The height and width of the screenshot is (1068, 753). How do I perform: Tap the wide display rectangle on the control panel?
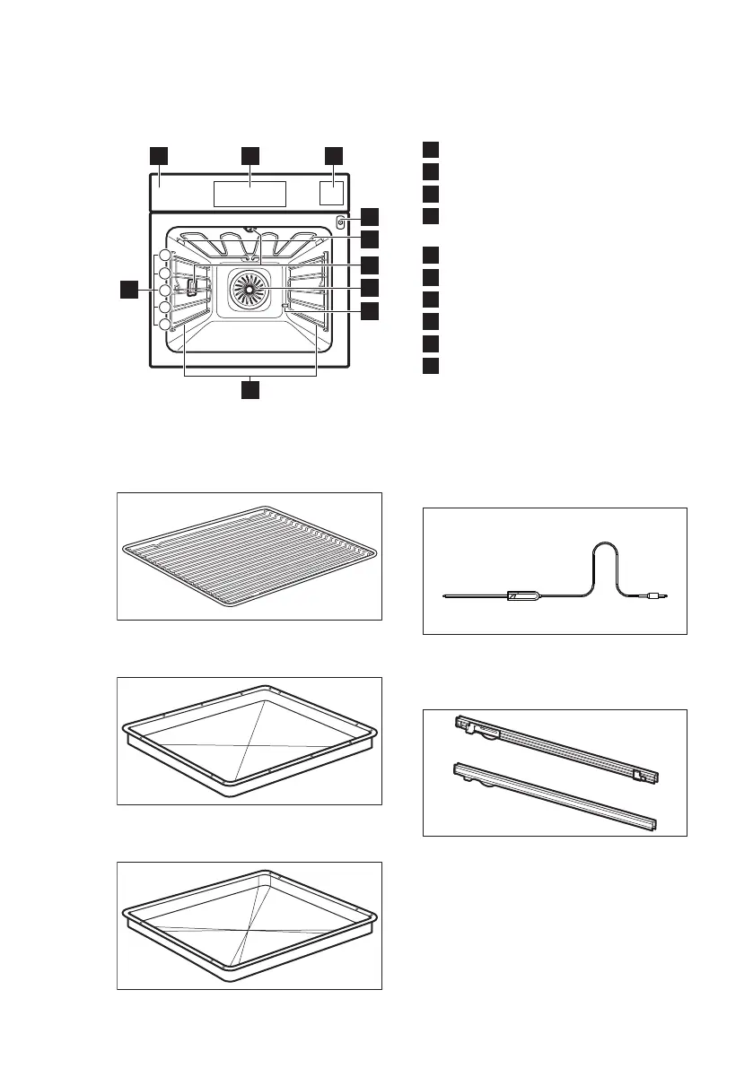point(250,193)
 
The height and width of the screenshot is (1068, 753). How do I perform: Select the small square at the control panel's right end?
point(332,194)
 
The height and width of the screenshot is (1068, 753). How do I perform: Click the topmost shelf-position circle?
point(164,256)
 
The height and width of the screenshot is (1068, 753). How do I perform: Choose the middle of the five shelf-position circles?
point(164,291)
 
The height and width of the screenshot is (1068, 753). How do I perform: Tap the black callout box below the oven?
point(250,389)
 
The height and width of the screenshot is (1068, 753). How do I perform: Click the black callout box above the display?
point(250,155)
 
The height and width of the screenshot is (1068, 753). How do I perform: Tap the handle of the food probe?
point(522,595)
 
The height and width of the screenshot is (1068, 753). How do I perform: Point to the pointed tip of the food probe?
point(447,595)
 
